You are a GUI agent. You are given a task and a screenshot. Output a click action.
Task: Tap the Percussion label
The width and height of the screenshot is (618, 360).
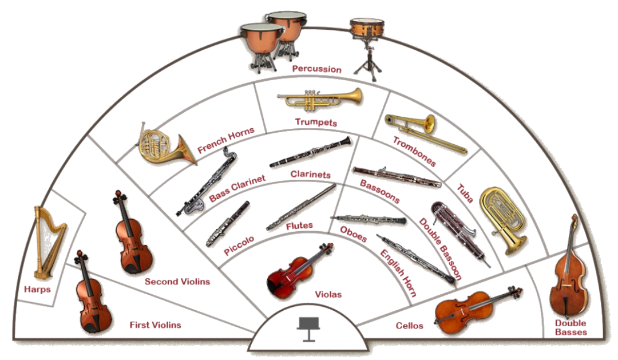pos(316,69)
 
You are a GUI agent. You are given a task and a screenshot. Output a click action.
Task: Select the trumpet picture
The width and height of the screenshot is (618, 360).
pos(320,99)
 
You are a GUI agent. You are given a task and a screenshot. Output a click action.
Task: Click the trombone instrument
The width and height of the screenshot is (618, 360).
pos(424,132)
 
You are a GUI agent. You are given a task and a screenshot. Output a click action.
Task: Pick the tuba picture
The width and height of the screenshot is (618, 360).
pos(502,218)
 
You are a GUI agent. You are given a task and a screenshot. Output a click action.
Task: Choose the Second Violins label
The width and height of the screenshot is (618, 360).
pos(177,281)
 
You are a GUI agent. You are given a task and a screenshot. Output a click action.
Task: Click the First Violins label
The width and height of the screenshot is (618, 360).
pos(155,325)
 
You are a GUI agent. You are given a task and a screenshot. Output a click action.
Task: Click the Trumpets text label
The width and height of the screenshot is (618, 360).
pos(316,122)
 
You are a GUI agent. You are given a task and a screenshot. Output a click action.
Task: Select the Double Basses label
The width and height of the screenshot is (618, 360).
pos(571,327)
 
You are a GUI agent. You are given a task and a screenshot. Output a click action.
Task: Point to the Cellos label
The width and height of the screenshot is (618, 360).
pos(410,326)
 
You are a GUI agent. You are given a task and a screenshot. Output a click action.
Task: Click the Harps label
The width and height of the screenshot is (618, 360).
pos(38,290)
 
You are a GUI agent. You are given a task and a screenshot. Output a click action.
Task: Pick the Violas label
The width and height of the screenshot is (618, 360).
pos(328,294)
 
